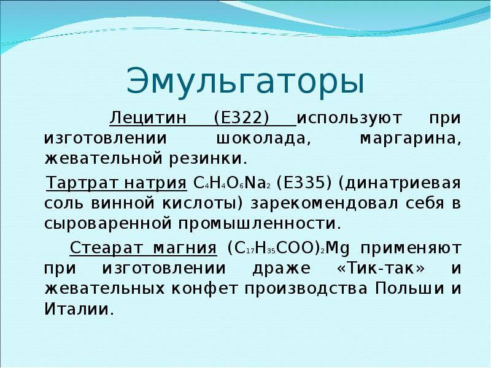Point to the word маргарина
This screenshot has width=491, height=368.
click(x=408, y=138)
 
